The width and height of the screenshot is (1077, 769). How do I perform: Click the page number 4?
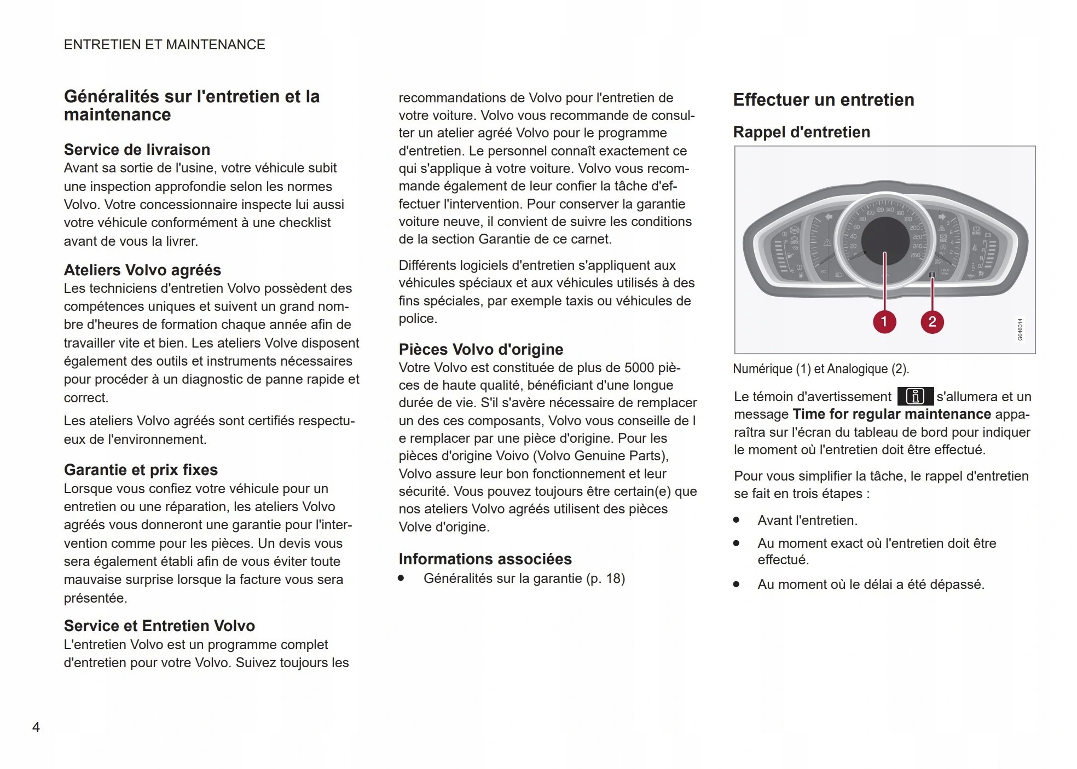(x=36, y=727)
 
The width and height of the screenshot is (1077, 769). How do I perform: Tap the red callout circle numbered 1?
(x=884, y=322)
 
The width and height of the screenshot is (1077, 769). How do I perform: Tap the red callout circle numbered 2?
(x=932, y=322)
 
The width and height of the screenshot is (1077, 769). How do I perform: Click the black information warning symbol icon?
(x=915, y=396)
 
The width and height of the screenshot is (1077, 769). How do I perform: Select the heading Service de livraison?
(x=137, y=149)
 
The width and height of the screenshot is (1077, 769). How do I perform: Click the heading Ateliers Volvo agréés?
(x=142, y=270)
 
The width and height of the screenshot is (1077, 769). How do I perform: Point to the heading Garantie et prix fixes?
(x=141, y=470)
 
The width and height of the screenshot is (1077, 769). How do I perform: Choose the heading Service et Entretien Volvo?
(x=159, y=626)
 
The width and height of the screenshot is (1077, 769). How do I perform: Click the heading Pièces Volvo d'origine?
(x=480, y=349)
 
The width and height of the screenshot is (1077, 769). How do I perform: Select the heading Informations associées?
(x=485, y=559)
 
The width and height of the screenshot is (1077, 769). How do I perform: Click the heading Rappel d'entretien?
(x=801, y=132)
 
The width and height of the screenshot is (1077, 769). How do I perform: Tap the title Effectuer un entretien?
(x=823, y=100)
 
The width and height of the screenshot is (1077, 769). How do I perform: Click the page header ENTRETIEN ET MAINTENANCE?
(x=164, y=44)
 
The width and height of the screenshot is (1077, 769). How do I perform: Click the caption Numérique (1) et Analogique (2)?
(x=820, y=369)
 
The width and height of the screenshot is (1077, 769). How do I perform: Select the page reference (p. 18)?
(x=605, y=579)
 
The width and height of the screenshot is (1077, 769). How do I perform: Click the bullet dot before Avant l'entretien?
(x=737, y=520)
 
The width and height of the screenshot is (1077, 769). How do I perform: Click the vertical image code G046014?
(x=1020, y=329)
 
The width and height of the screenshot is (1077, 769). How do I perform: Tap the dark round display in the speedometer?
(x=885, y=240)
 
